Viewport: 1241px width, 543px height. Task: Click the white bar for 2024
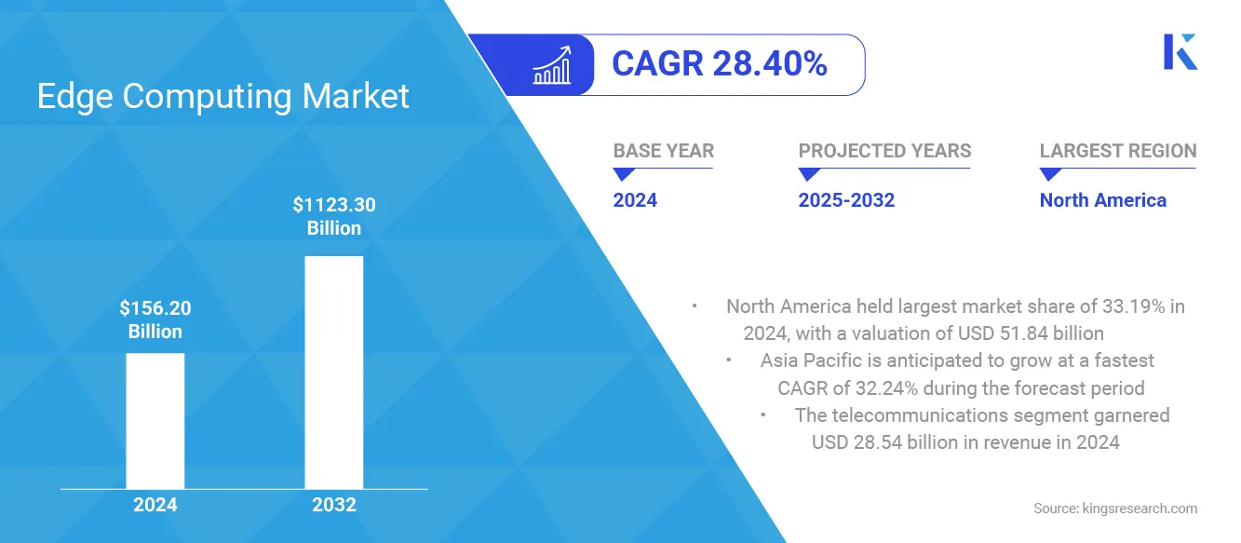[155, 420]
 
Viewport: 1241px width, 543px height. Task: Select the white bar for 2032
[333, 372]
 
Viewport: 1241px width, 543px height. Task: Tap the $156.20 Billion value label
[155, 319]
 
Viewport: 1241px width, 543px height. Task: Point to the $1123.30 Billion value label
[333, 216]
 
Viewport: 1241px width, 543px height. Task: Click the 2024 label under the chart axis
[155, 505]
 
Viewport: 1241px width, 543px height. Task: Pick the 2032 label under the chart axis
[333, 505]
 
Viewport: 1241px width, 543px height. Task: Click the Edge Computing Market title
[223, 96]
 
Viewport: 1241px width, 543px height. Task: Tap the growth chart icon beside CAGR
[551, 64]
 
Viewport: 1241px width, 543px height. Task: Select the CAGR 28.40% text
[719, 64]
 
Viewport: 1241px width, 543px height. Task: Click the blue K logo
[1180, 51]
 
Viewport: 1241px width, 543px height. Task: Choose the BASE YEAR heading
[663, 151]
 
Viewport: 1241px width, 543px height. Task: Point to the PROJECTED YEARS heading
[884, 151]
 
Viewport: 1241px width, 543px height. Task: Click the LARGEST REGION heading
[1117, 151]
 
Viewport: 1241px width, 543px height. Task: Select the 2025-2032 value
[846, 200]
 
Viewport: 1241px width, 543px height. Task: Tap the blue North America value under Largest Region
[1102, 200]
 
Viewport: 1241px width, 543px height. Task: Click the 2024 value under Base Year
[635, 200]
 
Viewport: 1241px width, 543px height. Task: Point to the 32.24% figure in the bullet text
[879, 387]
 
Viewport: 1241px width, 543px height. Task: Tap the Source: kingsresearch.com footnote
[1114, 509]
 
